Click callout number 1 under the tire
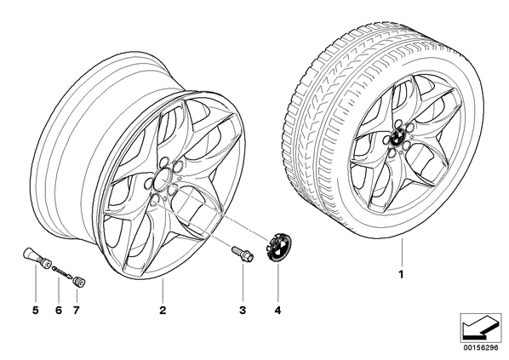(x=401, y=274)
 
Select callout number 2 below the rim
(x=163, y=311)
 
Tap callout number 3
(x=243, y=311)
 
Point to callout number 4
(x=277, y=311)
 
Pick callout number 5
(x=36, y=311)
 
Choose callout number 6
(x=59, y=311)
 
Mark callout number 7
(x=76, y=311)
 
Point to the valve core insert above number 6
(x=60, y=271)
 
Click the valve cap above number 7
(x=79, y=281)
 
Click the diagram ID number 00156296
(x=480, y=348)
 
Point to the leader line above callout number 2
(x=163, y=290)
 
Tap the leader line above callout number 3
(x=243, y=283)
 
